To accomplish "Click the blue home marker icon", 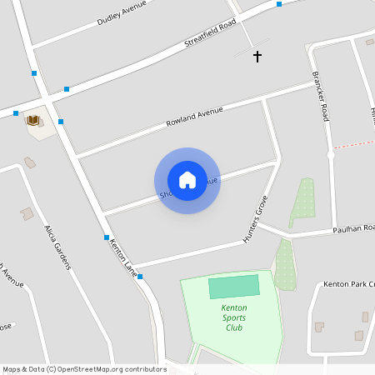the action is click(187, 179).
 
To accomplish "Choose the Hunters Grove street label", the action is click(256, 217).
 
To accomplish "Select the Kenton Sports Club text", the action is click(234, 317).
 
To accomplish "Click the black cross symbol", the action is click(257, 57).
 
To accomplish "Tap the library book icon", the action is click(33, 121).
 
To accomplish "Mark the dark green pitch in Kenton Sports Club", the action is click(233, 287).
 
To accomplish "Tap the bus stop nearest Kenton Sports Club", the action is click(140, 276).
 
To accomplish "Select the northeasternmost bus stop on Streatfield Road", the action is click(279, 4).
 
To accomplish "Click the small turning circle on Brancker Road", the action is click(331, 155).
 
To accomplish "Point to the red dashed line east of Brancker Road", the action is click(353, 145).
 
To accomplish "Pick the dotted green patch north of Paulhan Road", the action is click(303, 202).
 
